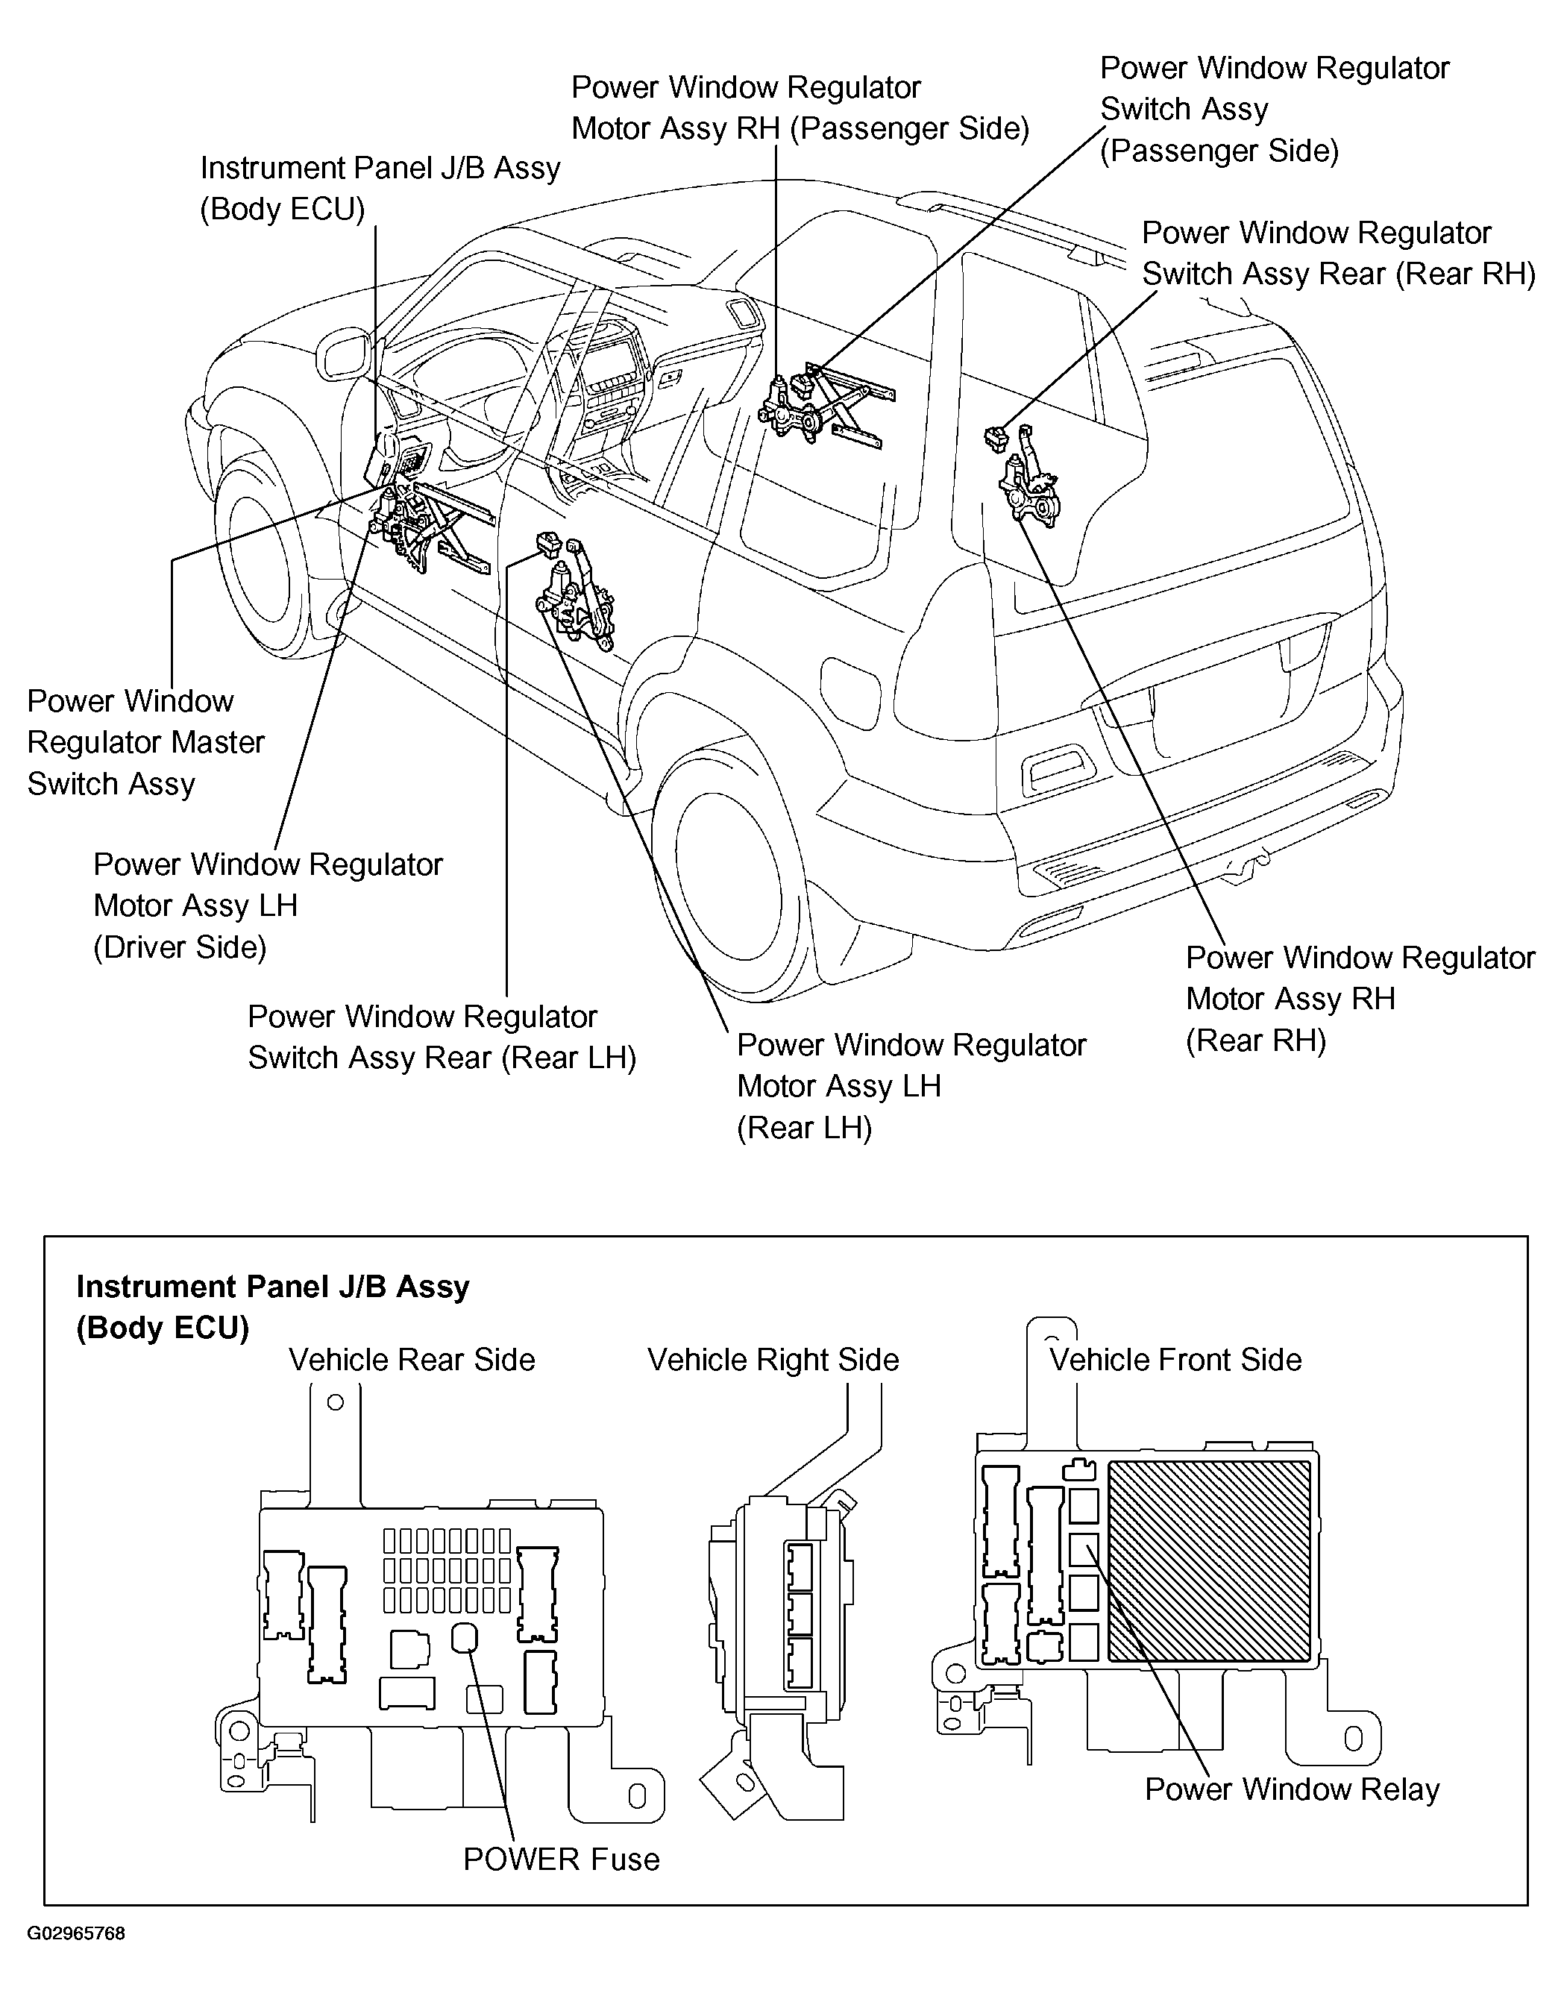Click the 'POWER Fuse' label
tap(560, 1860)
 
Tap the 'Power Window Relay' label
tap(1291, 1789)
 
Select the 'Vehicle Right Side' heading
tap(773, 1360)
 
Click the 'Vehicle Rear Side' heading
tap(411, 1360)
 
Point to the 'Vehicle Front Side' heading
tap(1175, 1360)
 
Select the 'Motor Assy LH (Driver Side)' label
tap(268, 906)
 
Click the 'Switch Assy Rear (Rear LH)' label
tap(442, 1038)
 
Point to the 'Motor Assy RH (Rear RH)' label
tap(1359, 999)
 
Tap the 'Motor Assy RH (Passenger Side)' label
tap(800, 108)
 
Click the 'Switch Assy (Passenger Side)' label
tap(1274, 109)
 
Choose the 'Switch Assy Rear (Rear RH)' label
tap(1338, 254)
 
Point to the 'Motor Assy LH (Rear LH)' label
tap(911, 1086)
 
